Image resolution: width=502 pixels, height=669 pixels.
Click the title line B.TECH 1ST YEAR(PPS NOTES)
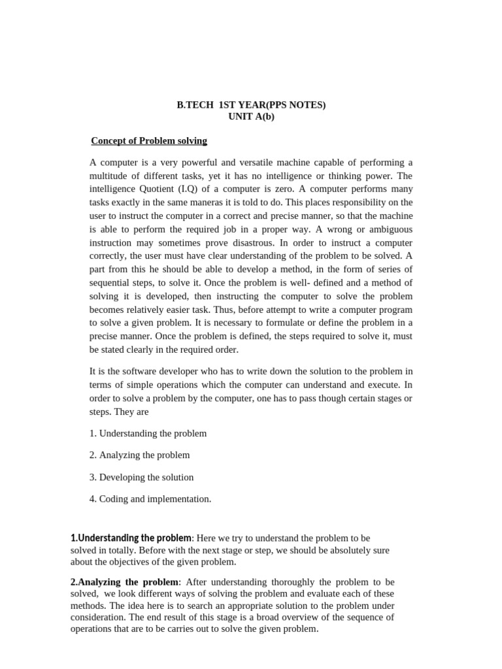point(251,105)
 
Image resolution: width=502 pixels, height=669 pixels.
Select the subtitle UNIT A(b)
point(251,116)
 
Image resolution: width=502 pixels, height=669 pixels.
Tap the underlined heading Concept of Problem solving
point(149,140)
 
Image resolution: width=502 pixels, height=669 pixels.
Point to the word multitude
point(112,176)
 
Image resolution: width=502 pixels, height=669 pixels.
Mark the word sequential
point(112,283)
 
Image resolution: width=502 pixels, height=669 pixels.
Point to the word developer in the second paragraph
point(175,372)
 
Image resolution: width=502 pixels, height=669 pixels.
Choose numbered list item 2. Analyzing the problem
point(140,455)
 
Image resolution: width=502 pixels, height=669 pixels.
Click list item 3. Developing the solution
point(142,477)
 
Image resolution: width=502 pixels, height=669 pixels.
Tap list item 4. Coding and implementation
point(150,499)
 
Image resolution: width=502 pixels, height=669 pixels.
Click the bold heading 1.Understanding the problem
point(131,538)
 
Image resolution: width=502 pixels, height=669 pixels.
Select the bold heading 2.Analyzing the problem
point(124,582)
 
